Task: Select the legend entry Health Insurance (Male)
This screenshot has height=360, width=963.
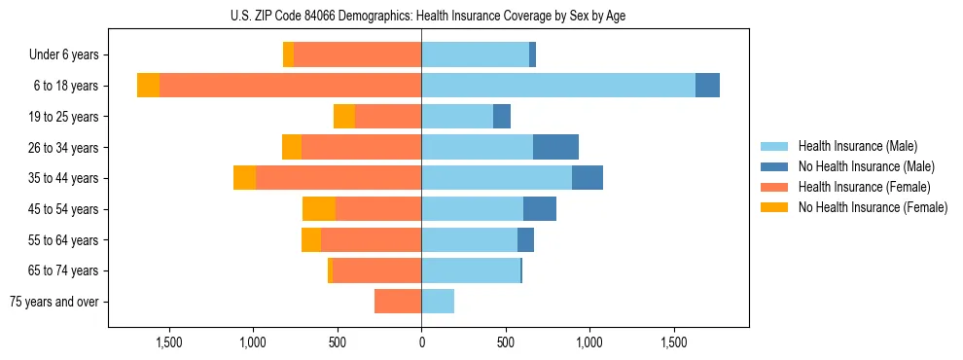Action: (856, 146)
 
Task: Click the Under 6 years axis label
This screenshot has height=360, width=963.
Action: (70, 54)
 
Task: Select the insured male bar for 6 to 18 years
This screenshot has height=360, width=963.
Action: (558, 86)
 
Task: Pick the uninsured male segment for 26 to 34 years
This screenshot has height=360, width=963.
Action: (555, 147)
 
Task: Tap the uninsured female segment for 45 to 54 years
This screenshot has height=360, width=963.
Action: (319, 209)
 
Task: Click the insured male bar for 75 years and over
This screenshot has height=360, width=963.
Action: (438, 302)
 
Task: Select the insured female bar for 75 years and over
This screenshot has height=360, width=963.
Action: (398, 302)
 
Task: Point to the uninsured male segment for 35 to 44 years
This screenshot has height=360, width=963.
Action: (588, 178)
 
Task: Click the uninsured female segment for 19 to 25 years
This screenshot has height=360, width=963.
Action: (344, 117)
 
